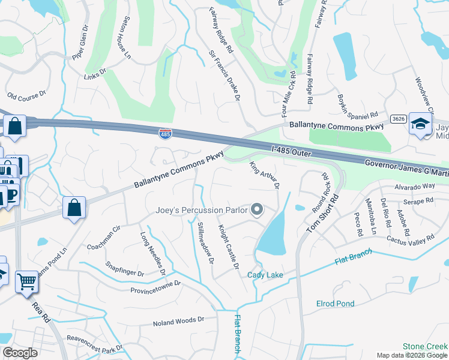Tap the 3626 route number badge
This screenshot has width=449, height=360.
(397, 119)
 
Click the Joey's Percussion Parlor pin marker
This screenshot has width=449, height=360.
(257, 209)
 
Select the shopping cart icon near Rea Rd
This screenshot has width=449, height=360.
(27, 281)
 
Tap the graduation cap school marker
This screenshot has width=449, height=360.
(421, 124)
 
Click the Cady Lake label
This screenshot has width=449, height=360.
(265, 275)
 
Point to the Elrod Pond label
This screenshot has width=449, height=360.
(336, 304)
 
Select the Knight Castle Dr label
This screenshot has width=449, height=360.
(229, 247)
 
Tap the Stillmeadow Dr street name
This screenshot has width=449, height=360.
(205, 243)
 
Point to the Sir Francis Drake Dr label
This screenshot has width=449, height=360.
(224, 74)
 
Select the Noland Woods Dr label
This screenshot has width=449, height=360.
(179, 321)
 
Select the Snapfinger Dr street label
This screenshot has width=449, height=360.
(125, 268)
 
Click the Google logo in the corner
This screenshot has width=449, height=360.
(20, 352)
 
